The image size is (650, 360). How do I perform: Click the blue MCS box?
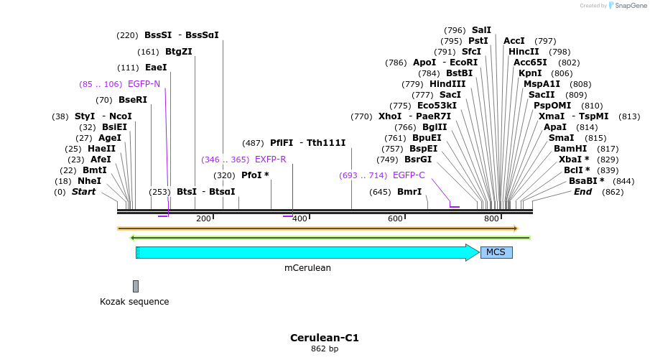[496, 252]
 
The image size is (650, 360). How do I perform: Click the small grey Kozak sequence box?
[136, 286]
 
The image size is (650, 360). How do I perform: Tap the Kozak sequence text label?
[134, 302]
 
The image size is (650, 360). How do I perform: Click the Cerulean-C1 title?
[324, 337]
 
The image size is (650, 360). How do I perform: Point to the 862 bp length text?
[324, 349]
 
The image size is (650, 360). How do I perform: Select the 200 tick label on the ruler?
[203, 218]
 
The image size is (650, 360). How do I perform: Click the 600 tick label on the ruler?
[395, 218]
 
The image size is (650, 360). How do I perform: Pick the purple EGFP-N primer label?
[144, 84]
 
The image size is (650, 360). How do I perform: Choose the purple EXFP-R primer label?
[270, 160]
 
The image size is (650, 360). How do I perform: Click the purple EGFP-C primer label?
[409, 175]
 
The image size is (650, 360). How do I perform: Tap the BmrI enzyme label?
[409, 192]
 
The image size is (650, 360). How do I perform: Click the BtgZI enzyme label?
[179, 52]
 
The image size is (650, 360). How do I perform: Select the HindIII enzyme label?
[447, 84]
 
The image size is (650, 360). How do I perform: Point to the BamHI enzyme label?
[570, 149]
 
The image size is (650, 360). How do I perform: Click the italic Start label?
[83, 192]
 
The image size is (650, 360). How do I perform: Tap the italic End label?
[582, 192]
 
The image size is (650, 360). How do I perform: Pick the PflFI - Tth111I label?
[307, 143]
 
